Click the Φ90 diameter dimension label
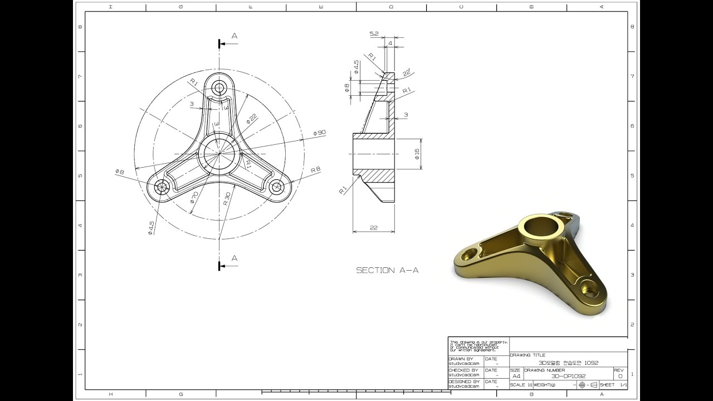320,133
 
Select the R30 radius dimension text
227,199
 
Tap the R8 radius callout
315,169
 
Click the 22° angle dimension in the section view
407,72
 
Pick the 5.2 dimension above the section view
374,34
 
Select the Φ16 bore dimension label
417,154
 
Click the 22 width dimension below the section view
373,227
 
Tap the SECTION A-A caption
387,270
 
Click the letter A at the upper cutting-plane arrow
235,36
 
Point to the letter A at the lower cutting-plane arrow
235,258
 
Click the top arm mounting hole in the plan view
219,87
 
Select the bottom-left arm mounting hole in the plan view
162,187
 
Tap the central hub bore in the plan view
219,153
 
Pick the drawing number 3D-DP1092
568,376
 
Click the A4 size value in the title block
516,376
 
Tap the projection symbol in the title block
588,385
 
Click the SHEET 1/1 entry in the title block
613,385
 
